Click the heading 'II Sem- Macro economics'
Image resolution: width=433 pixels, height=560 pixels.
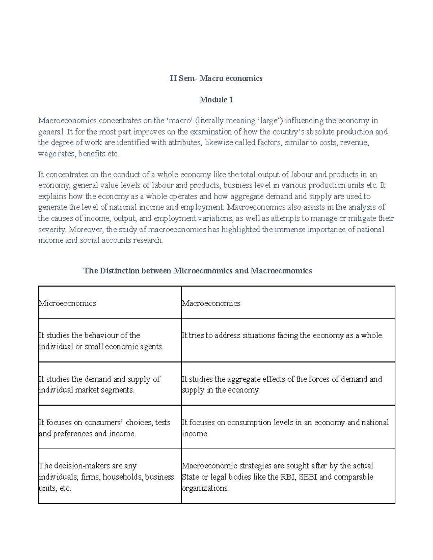point(216,78)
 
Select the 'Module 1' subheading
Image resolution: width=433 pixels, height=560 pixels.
point(216,100)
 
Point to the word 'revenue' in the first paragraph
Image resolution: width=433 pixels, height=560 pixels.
point(357,142)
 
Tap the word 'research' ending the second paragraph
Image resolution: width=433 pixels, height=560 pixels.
point(148,241)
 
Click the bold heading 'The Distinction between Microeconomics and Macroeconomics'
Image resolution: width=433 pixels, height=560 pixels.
point(197,271)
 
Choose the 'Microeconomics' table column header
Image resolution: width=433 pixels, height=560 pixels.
point(67,303)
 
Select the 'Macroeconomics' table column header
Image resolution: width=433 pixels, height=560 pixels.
point(211,303)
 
